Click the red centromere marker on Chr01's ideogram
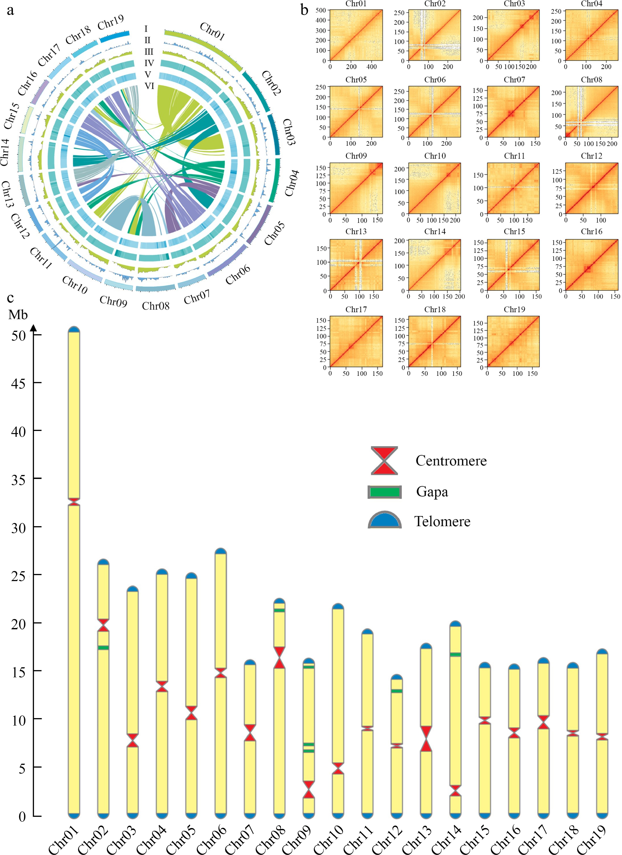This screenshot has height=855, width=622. (74, 501)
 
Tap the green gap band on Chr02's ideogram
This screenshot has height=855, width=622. (103, 648)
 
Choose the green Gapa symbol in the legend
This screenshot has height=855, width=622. (384, 492)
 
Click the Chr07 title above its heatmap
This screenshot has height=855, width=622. (514, 80)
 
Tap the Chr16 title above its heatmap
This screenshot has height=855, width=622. (591, 231)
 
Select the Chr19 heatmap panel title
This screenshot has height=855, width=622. (514, 310)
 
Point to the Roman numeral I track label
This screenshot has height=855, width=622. (146, 29)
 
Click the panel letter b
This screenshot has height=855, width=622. (305, 10)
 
